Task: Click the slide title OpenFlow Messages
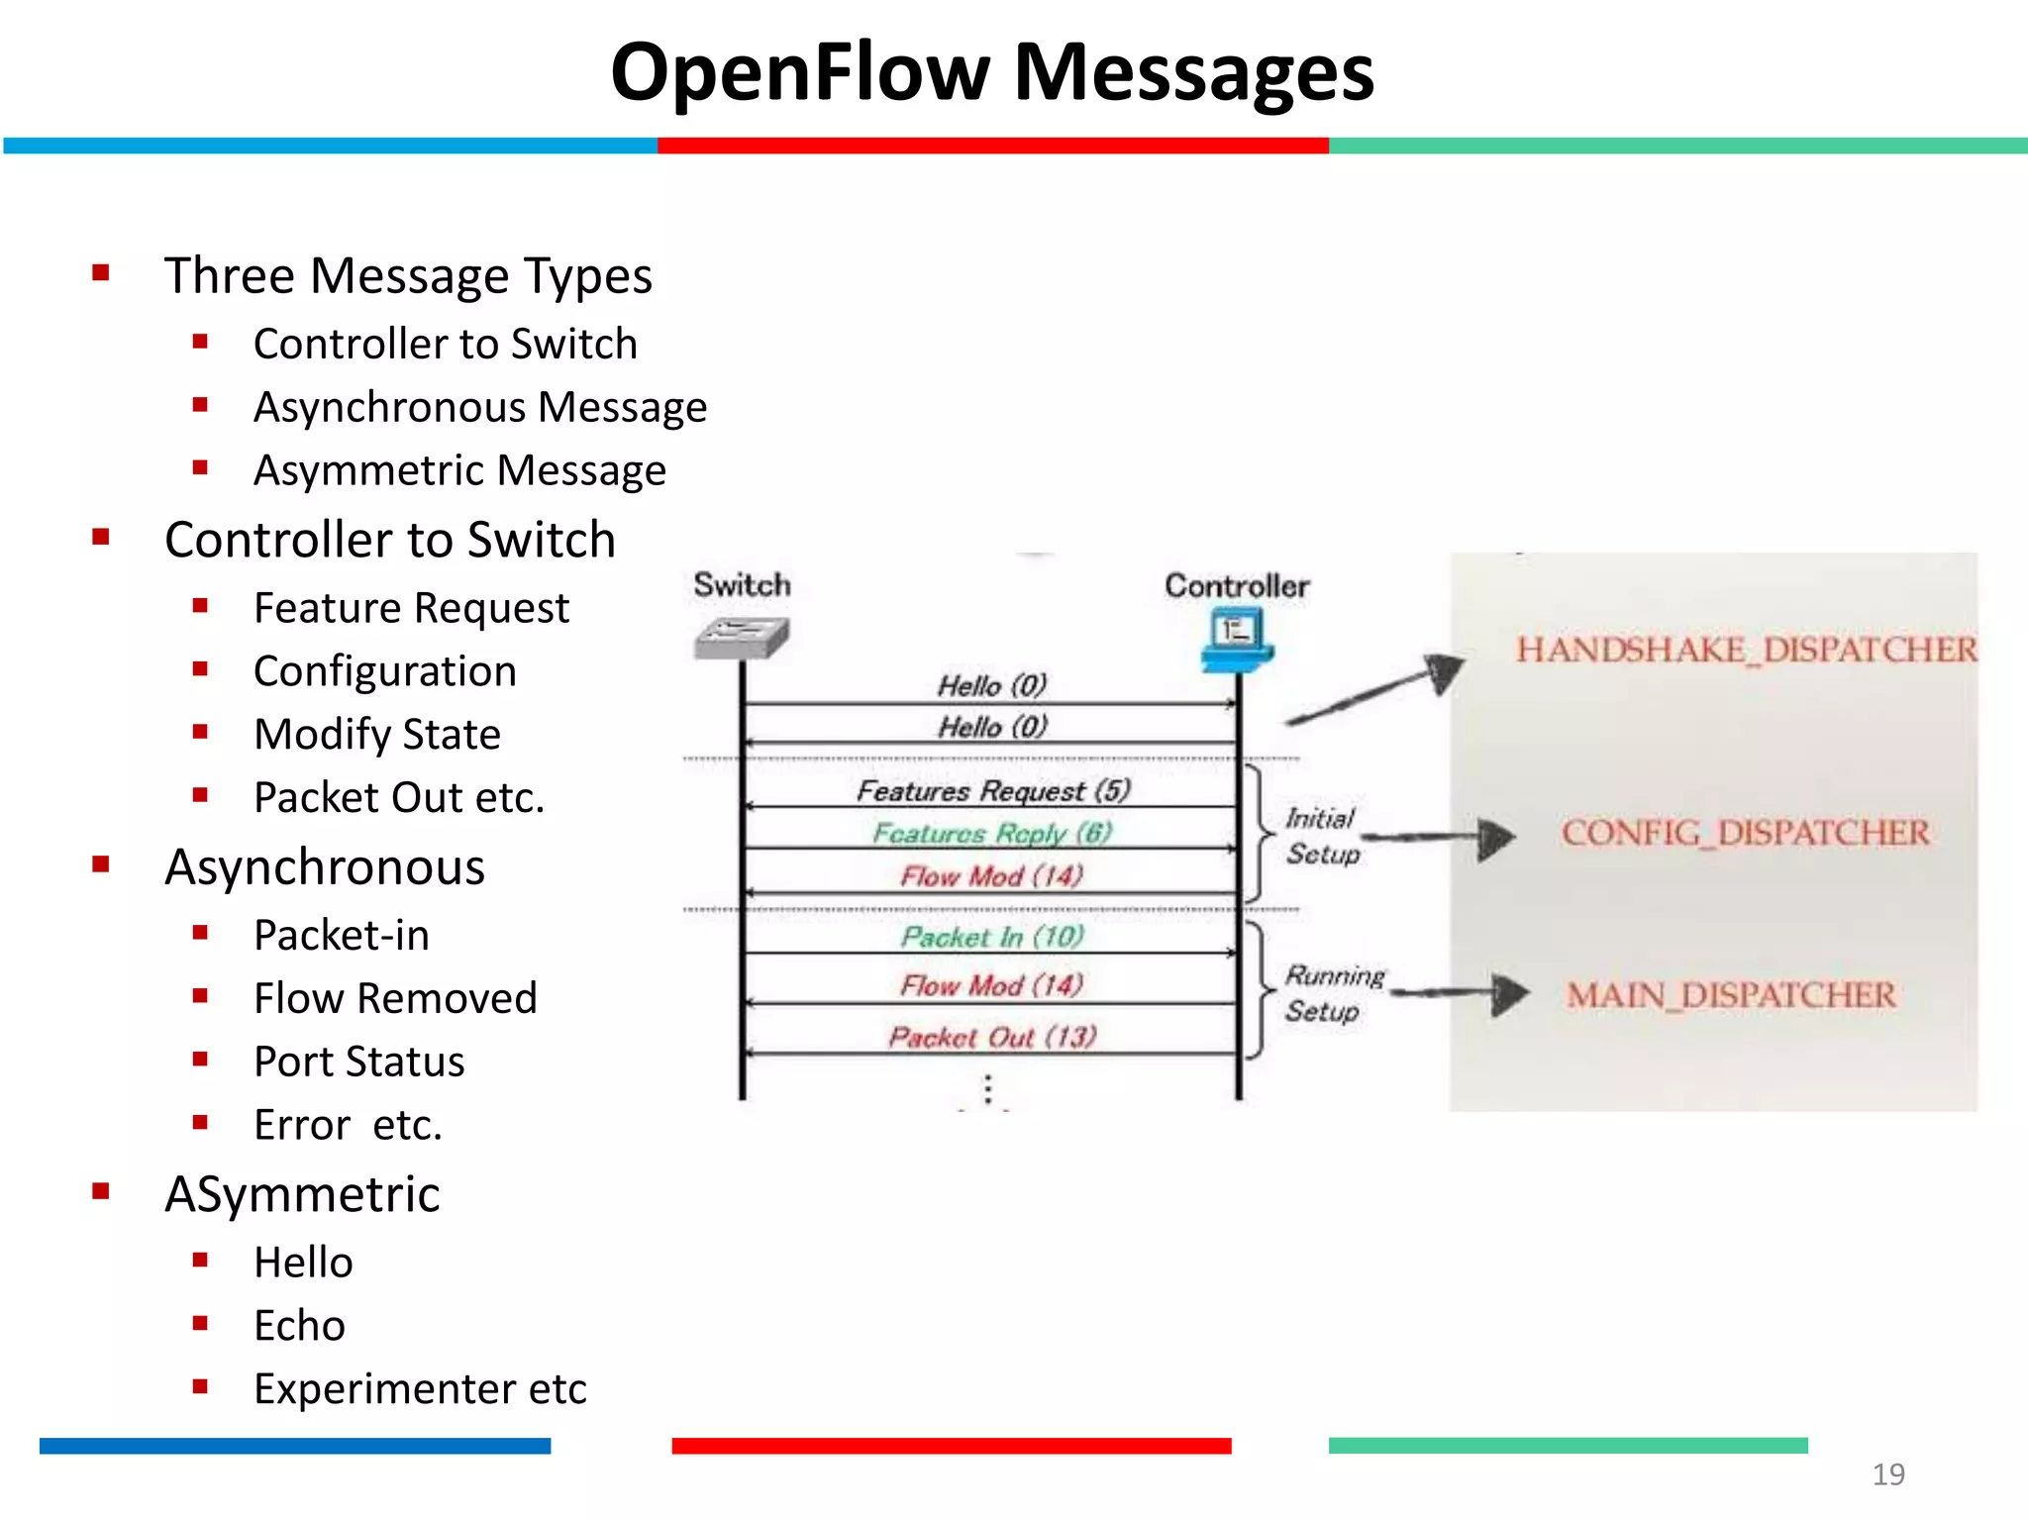coord(992,72)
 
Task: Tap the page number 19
coord(1887,1474)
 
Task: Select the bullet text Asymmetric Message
coord(459,470)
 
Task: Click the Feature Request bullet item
coord(411,608)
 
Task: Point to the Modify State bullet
coord(377,735)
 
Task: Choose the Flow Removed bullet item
coord(395,998)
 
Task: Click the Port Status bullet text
coord(358,1062)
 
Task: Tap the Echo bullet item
coord(299,1326)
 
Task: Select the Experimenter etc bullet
coord(420,1389)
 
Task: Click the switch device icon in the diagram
coord(742,637)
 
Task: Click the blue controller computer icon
coord(1237,639)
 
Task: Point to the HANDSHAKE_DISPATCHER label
coord(1746,650)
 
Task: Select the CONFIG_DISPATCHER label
coord(1746,833)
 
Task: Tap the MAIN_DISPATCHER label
coord(1731,995)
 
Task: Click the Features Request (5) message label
coord(993,790)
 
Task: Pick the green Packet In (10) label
coord(992,936)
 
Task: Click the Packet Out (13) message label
coord(992,1037)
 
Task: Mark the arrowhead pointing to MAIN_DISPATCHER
coord(1509,994)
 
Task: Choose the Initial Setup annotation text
coord(1322,836)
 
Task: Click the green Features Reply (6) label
coord(992,833)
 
